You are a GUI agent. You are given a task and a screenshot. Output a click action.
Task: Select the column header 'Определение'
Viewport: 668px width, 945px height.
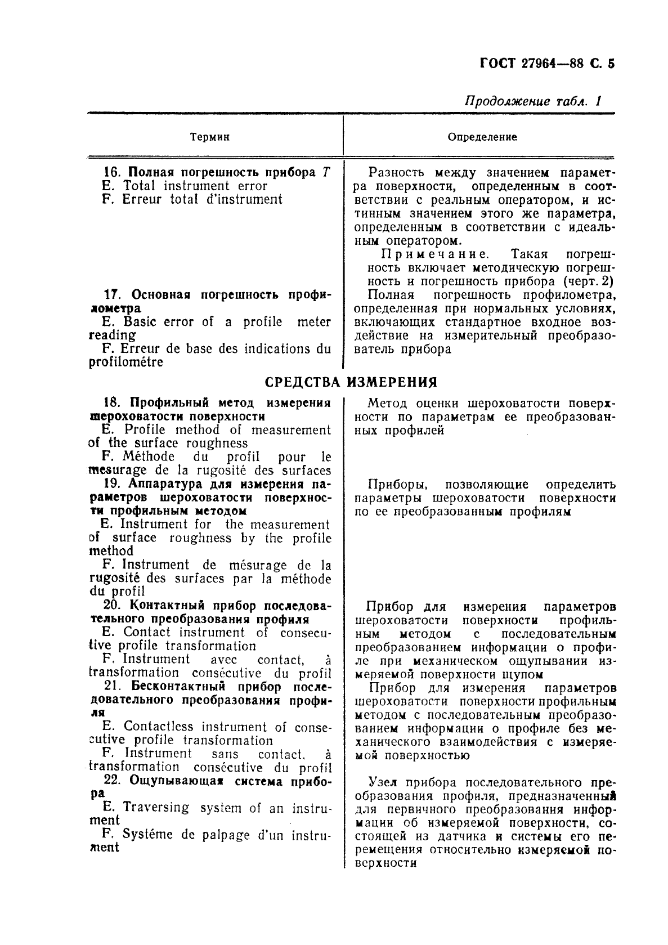tap(482, 137)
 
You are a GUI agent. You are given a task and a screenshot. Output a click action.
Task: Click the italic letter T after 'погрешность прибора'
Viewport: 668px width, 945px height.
tap(326, 173)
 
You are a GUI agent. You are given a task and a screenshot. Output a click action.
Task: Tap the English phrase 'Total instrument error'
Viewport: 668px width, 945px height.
tap(195, 186)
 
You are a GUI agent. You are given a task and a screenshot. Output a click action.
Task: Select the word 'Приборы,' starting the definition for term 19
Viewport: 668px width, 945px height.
tap(392, 485)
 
